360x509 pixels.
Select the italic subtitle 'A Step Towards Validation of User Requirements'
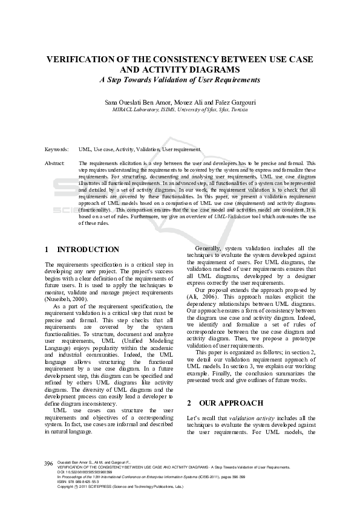tap(180, 79)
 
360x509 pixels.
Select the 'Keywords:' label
tap(57, 149)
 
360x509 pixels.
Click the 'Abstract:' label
tap(55, 163)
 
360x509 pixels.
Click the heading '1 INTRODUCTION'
tap(82, 250)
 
